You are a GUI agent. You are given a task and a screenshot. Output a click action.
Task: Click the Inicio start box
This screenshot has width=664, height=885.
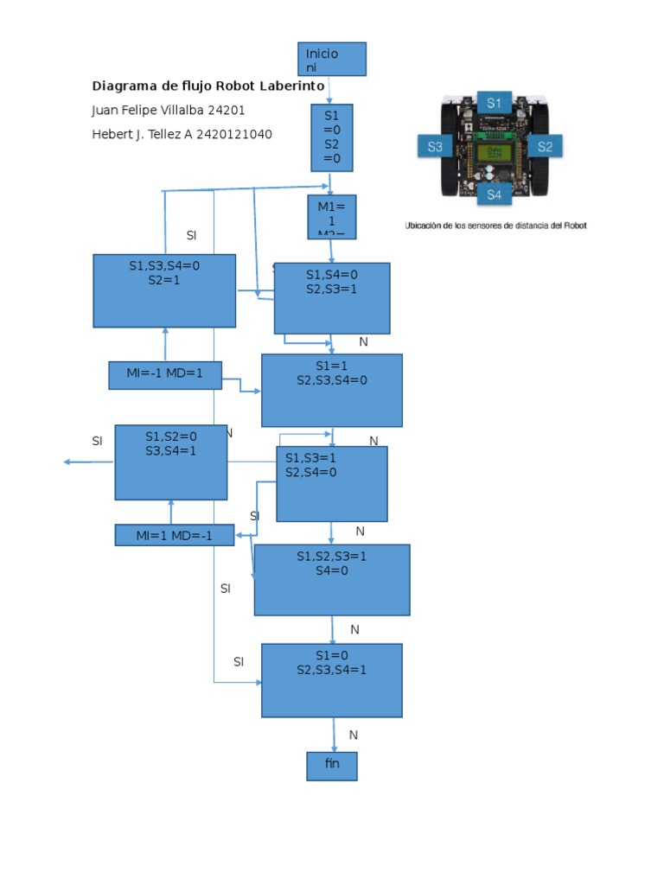coord(331,59)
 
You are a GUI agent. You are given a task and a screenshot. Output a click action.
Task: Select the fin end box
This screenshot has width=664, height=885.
coord(332,766)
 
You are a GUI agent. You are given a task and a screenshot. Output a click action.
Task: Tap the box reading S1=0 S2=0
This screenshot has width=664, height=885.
coord(332,137)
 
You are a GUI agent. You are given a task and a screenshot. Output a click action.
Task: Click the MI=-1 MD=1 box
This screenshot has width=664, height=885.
coord(165,375)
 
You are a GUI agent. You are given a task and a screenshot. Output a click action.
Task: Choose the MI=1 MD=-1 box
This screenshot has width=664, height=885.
coord(175,536)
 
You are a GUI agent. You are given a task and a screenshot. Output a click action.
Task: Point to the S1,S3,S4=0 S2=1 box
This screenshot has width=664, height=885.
coord(164,290)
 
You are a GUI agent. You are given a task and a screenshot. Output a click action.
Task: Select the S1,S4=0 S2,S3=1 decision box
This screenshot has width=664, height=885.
coord(332,298)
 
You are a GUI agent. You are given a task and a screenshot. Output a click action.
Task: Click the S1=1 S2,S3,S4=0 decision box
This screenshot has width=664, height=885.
coord(332,390)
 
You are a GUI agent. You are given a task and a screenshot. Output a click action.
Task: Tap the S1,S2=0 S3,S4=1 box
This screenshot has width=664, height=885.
coord(171,462)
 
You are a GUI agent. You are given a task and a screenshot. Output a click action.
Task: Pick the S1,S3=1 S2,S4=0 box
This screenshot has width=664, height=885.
coord(332,484)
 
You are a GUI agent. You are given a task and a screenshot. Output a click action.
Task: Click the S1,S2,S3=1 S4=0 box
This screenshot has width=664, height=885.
coord(332,580)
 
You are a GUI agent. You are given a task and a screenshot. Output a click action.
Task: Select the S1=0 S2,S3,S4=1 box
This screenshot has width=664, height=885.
coord(332,680)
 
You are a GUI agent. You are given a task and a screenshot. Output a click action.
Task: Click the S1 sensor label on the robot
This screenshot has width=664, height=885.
coord(493,103)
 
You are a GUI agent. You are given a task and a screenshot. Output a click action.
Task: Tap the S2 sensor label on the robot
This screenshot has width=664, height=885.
coord(545,147)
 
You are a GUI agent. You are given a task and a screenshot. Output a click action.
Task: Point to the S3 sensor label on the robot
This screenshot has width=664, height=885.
coord(435,147)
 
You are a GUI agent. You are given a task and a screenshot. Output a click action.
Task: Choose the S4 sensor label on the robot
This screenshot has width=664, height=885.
coord(493,194)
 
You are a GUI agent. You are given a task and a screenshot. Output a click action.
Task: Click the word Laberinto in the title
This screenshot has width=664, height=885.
coord(288,86)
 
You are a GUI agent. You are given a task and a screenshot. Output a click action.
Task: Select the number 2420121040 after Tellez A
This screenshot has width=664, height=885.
coord(234,134)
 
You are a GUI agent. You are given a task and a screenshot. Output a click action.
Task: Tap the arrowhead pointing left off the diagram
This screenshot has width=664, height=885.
coord(67,462)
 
